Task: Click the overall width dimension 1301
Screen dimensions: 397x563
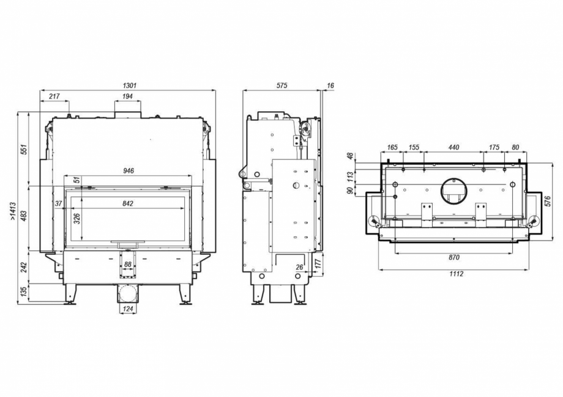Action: coord(129,86)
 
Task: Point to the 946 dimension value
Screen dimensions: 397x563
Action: coord(128,171)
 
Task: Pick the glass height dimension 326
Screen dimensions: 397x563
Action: coord(77,218)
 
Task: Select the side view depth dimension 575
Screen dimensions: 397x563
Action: coord(281,86)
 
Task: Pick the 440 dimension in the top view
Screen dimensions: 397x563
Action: coord(453,147)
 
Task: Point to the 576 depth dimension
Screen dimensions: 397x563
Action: coord(548,201)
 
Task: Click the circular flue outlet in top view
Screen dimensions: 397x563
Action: coord(453,190)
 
